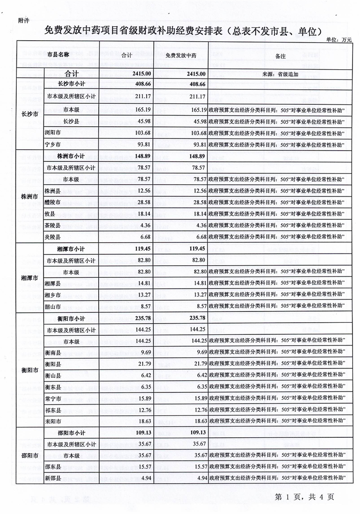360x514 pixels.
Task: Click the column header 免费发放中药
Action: pyautogui.click(x=181, y=55)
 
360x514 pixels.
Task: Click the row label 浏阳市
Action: pyautogui.click(x=52, y=133)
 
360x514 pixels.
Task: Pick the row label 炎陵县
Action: pyautogui.click(x=52, y=236)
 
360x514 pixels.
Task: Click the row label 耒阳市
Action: pyautogui.click(x=52, y=421)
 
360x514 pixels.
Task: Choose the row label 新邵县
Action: pyautogui.click(x=52, y=478)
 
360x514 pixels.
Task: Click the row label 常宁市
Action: pyautogui.click(x=52, y=398)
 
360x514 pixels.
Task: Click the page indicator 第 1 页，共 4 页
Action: pyautogui.click(x=304, y=497)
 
